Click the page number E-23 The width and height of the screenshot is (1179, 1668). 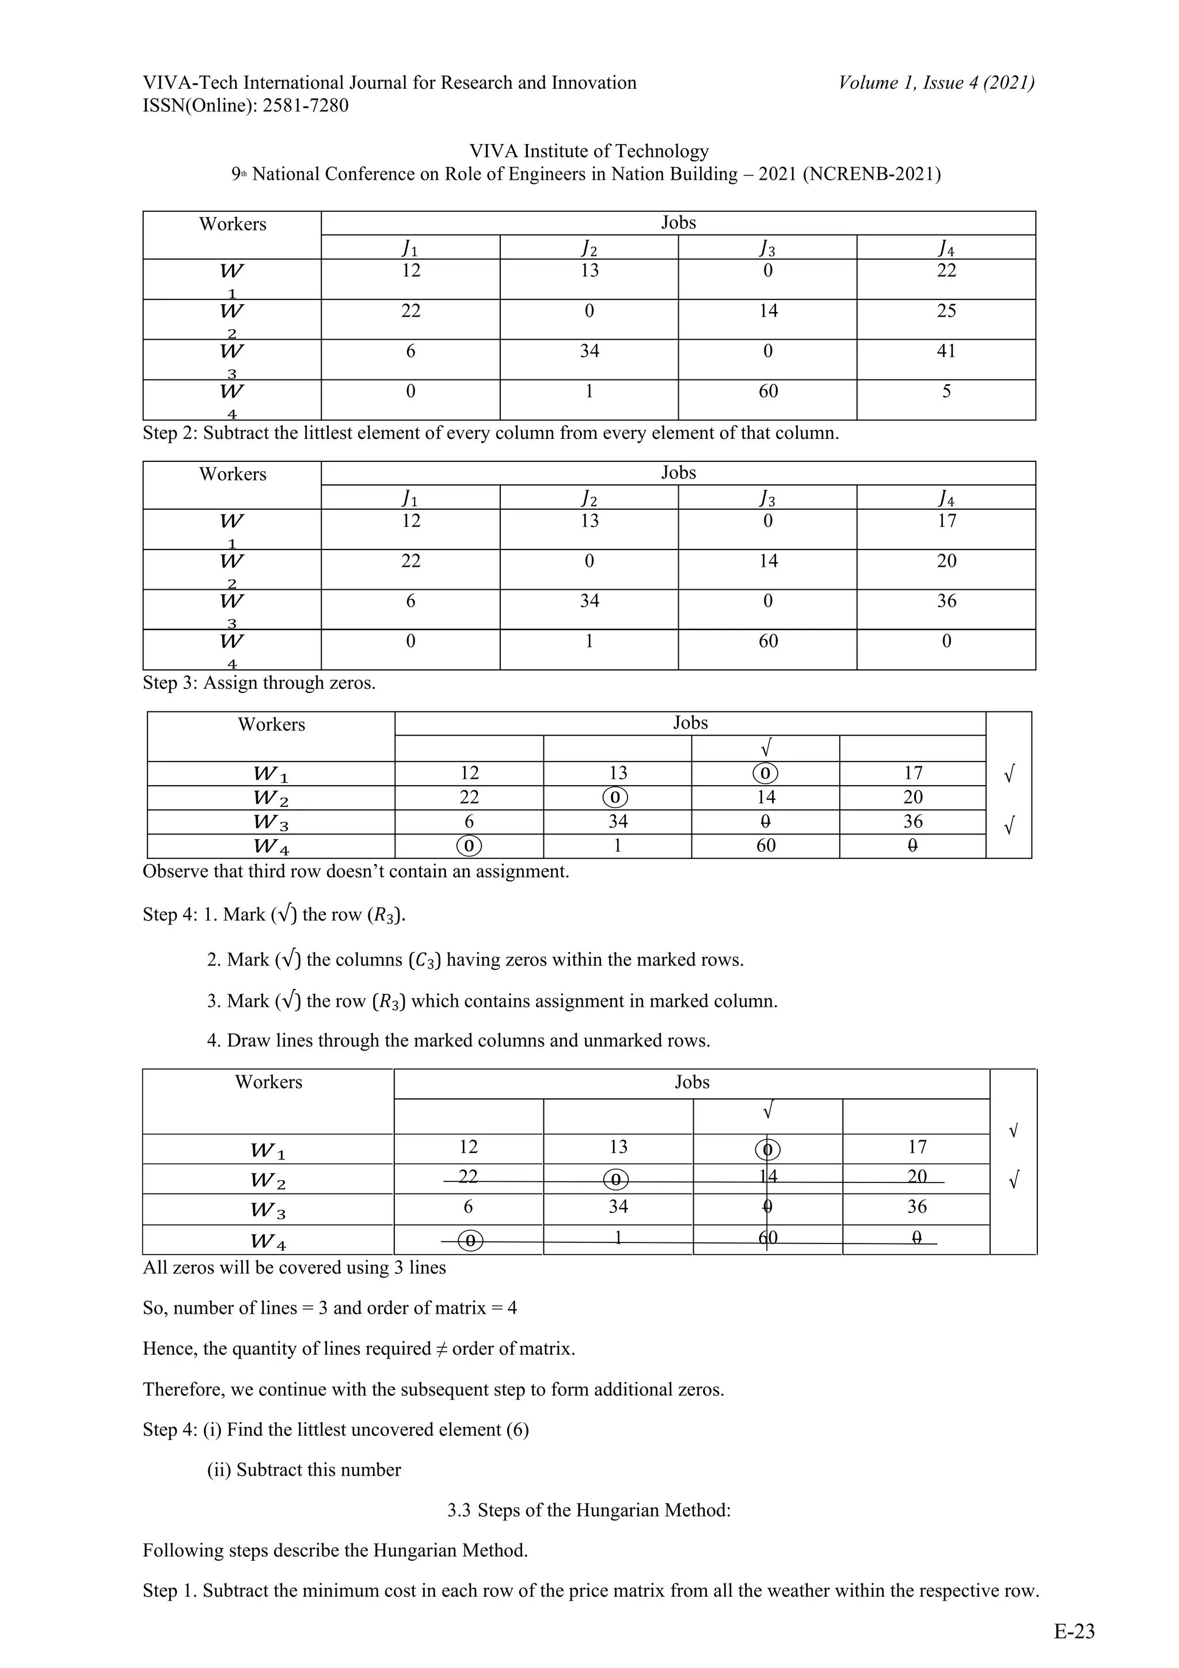pyautogui.click(x=1074, y=1631)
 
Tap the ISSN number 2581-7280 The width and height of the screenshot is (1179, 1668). pyautogui.click(x=305, y=106)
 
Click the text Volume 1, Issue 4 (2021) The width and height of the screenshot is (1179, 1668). pyautogui.click(x=936, y=83)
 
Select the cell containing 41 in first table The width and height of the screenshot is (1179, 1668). pyautogui.click(x=945, y=351)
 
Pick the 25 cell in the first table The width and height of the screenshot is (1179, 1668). pyautogui.click(x=945, y=312)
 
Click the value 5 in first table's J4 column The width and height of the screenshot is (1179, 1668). pyautogui.click(x=945, y=392)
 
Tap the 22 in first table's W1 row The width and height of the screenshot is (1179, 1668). pyautogui.click(x=945, y=271)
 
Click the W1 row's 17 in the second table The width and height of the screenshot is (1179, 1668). pyautogui.click(x=945, y=521)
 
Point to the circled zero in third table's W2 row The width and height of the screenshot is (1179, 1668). pyautogui.click(x=615, y=798)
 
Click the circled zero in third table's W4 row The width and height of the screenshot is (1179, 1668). pyautogui.click(x=469, y=846)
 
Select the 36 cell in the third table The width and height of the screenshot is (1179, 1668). pyautogui.click(x=912, y=822)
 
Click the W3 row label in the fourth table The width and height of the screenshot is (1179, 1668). pyautogui.click(x=268, y=1210)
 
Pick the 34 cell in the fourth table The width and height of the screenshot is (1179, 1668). pyautogui.click(x=618, y=1207)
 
